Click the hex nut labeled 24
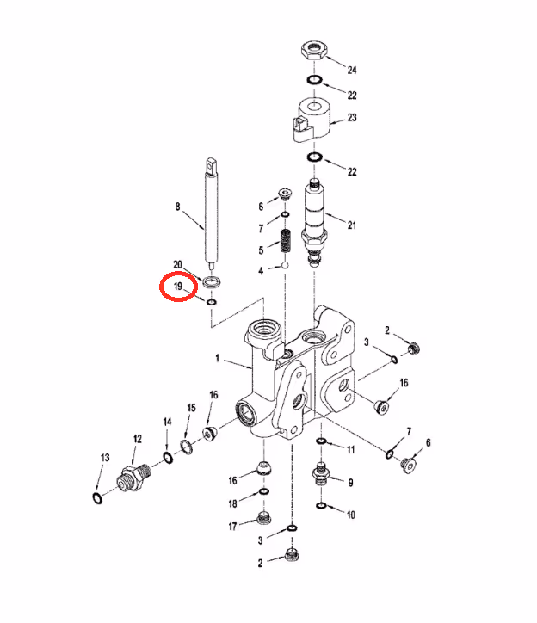(x=314, y=50)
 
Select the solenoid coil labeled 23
(x=312, y=120)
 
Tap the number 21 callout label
(x=352, y=225)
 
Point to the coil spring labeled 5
(x=285, y=241)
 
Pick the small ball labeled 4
(x=285, y=265)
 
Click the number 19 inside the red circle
(x=177, y=286)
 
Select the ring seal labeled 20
(x=212, y=282)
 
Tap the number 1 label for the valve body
(x=217, y=358)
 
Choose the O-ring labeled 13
(x=97, y=498)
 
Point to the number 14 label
(x=167, y=422)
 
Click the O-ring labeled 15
(x=186, y=447)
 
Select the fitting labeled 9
(x=321, y=473)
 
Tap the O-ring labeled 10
(x=321, y=506)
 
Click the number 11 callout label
(x=350, y=450)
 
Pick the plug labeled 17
(x=264, y=519)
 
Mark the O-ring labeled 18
(x=264, y=492)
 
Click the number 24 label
(x=352, y=70)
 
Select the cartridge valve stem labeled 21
(x=315, y=223)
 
